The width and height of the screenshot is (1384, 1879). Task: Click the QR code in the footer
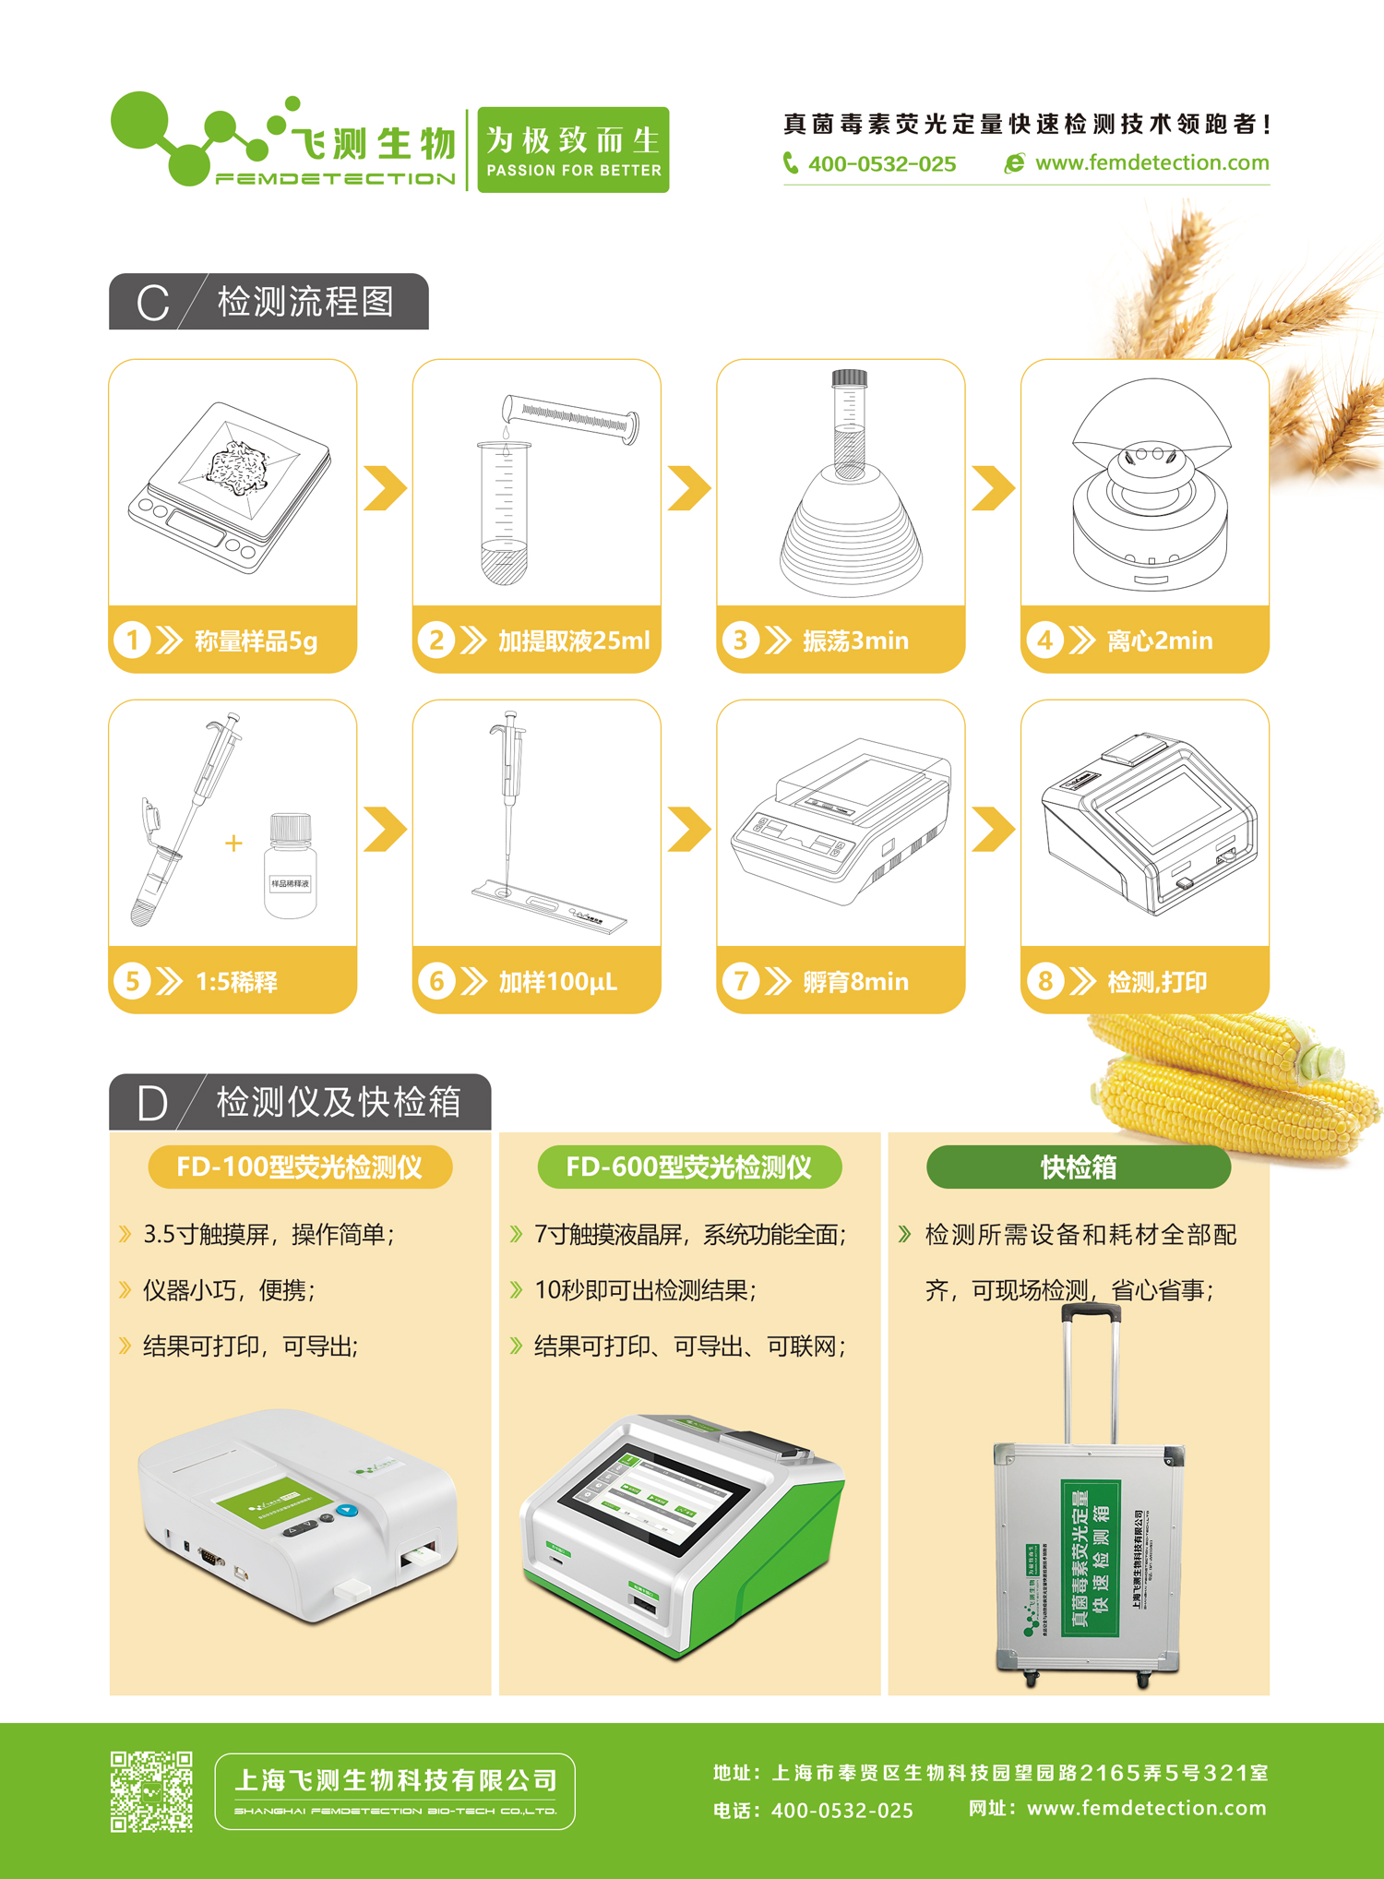pyautogui.click(x=151, y=1791)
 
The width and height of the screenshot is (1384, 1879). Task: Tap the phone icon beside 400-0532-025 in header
pyautogui.click(x=791, y=163)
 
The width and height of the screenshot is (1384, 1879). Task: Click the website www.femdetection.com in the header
pyautogui.click(x=1151, y=163)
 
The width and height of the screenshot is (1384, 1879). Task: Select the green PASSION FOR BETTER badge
pyautogui.click(x=573, y=150)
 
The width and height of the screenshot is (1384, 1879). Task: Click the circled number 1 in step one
pyautogui.click(x=132, y=640)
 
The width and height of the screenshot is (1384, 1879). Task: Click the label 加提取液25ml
pyautogui.click(x=574, y=640)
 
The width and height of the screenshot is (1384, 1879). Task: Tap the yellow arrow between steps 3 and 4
pyautogui.click(x=993, y=487)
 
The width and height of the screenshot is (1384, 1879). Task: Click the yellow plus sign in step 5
pyautogui.click(x=233, y=843)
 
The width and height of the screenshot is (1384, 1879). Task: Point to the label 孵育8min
pyautogui.click(x=855, y=981)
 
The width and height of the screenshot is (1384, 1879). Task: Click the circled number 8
pyautogui.click(x=1044, y=980)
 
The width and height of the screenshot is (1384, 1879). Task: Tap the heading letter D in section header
pyautogui.click(x=152, y=1103)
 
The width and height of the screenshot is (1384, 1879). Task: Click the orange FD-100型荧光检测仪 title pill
pyautogui.click(x=300, y=1167)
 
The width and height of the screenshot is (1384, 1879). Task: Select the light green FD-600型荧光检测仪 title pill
pyautogui.click(x=689, y=1167)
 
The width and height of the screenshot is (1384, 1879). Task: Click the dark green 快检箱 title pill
pyautogui.click(x=1078, y=1167)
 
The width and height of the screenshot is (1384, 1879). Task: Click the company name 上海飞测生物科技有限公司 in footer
pyautogui.click(x=396, y=1780)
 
